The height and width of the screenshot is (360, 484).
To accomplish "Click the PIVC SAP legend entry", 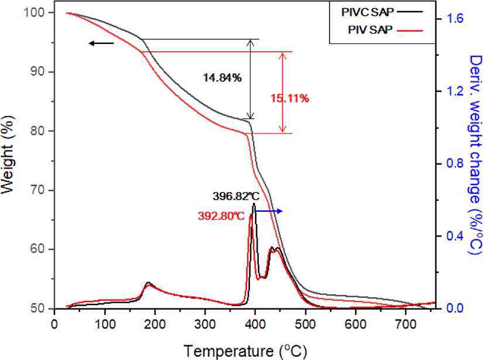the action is (382, 12).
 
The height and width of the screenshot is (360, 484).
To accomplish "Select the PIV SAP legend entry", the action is (385, 30).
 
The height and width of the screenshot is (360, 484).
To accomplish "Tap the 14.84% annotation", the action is (222, 78).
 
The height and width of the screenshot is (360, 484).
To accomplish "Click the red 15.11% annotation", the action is (290, 98).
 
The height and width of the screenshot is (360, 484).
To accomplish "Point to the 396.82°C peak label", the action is (236, 196).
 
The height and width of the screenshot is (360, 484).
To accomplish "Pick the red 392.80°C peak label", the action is (221, 216).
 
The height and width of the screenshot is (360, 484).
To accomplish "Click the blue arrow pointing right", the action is (269, 211).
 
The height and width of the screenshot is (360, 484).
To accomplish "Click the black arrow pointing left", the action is (101, 43).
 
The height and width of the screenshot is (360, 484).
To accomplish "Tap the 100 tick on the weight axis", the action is (34, 13).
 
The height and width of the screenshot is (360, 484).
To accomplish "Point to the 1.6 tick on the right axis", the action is (455, 19).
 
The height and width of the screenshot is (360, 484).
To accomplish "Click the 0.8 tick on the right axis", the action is (455, 163).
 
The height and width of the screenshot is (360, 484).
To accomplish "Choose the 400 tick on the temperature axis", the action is (255, 324).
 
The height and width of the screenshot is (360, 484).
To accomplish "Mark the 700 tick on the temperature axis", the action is (406, 324).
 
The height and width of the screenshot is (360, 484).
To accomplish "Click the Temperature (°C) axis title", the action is (245, 351).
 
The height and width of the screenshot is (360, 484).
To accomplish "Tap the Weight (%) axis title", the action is (8, 155).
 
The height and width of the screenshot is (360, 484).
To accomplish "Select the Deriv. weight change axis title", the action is (476, 155).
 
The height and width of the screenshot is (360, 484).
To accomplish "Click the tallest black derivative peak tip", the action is (254, 204).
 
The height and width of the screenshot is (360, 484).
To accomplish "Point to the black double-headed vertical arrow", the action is (250, 79).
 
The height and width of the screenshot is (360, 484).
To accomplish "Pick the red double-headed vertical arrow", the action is (283, 92).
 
